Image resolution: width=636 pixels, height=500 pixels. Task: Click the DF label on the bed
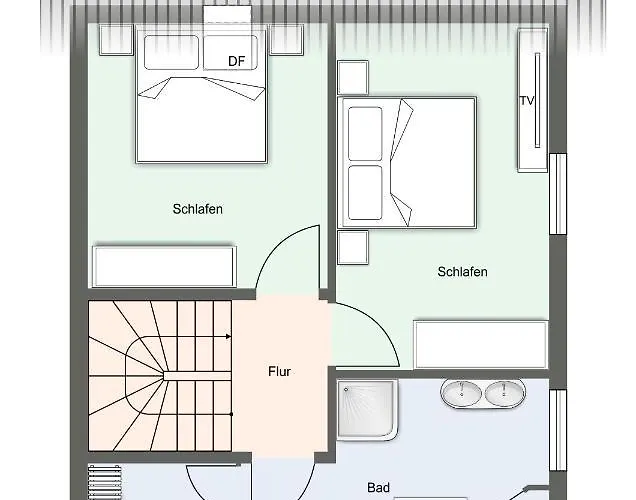pyautogui.click(x=236, y=61)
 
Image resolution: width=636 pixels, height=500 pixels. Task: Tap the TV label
pyautogui.click(x=527, y=101)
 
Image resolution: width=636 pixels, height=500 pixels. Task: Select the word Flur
pyautogui.click(x=279, y=371)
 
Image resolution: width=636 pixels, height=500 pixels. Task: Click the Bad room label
pyautogui.click(x=378, y=487)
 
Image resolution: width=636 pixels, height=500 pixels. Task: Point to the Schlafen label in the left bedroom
pyautogui.click(x=198, y=209)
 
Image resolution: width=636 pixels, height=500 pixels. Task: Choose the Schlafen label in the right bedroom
pyautogui.click(x=462, y=272)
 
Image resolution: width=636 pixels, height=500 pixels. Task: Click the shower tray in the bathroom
pyautogui.click(x=367, y=410)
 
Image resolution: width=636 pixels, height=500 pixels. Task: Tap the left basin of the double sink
pyautogui.click(x=461, y=393)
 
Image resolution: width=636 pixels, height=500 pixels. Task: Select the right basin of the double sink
pyautogui.click(x=504, y=393)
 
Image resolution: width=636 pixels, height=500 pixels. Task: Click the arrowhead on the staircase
pyautogui.click(x=229, y=337)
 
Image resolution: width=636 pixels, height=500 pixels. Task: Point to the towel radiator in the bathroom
pyautogui.click(x=104, y=483)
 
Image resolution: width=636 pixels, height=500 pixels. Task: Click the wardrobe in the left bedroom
pyautogui.click(x=164, y=266)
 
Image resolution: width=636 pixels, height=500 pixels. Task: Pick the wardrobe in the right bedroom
pyautogui.click(x=481, y=345)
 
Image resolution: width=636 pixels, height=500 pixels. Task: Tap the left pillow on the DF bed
pyautogui.click(x=171, y=52)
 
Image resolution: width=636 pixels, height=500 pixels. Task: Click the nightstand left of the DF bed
pyautogui.click(x=116, y=40)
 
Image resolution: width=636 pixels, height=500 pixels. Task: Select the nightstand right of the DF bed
pyautogui.click(x=286, y=40)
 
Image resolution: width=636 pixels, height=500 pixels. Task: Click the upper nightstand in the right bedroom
pyautogui.click(x=353, y=77)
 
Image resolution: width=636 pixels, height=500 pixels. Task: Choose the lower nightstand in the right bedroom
pyautogui.click(x=353, y=247)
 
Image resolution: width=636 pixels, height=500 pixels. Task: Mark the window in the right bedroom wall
pyautogui.click(x=558, y=194)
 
